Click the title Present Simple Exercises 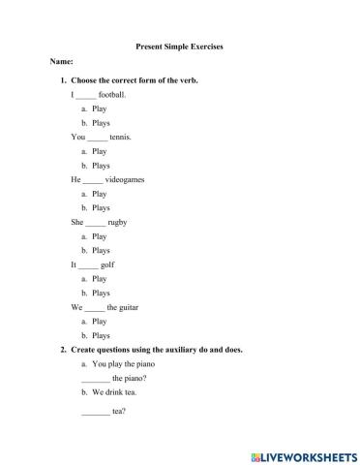click(179, 46)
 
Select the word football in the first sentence click(112, 96)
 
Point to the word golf click(108, 264)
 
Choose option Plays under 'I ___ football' click(101, 123)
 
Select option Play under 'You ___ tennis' click(100, 152)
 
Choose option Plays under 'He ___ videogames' click(101, 208)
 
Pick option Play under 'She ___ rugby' click(100, 236)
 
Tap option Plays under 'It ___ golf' click(101, 293)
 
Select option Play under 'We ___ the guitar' click(100, 321)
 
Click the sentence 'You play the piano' click(121, 364)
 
